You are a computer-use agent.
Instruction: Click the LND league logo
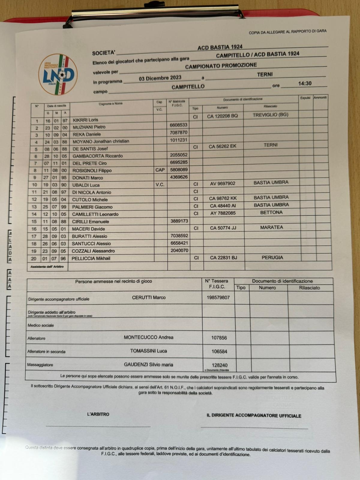tap(58, 74)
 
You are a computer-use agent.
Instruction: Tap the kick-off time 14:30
tap(304, 83)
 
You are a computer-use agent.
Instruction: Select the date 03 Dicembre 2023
tap(160, 78)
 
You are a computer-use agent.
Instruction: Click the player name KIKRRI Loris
tap(85, 120)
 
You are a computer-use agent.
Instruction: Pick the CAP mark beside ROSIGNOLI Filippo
tap(160, 170)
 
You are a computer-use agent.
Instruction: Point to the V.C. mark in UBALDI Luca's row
tap(160, 184)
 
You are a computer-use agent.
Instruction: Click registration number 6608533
tap(178, 125)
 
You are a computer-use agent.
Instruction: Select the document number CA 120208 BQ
tap(222, 116)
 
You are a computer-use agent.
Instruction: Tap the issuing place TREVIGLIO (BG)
tap(270, 115)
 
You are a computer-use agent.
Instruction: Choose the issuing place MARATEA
tap(271, 227)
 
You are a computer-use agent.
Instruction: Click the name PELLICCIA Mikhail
tap(91, 258)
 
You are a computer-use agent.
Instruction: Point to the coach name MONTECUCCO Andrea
tap(148, 337)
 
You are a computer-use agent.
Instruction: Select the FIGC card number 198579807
tap(218, 298)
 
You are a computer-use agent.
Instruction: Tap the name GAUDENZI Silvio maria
tap(148, 364)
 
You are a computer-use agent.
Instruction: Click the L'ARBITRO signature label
tap(98, 414)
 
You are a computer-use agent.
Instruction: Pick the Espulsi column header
tap(305, 98)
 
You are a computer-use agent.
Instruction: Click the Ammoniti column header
tap(320, 97)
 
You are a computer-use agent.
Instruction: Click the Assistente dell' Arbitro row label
tap(47, 267)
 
